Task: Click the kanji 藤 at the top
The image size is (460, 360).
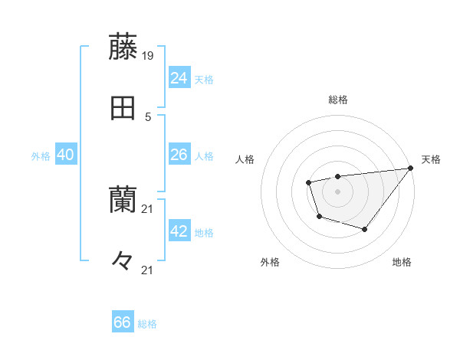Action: [123, 47]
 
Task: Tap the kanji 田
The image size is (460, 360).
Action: [123, 110]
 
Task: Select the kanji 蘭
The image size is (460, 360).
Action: [123, 201]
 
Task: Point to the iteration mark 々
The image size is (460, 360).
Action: [123, 260]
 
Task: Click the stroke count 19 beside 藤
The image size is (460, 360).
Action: [148, 56]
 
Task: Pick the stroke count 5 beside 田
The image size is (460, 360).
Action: [148, 117]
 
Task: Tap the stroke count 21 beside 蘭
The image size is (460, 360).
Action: [148, 209]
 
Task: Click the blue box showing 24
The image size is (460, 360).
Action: [179, 78]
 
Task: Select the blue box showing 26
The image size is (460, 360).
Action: [179, 155]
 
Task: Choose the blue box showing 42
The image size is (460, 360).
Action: [179, 231]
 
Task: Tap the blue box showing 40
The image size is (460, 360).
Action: [66, 155]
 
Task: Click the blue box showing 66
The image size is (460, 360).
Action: [123, 322]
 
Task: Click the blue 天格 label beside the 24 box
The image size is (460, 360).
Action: [204, 79]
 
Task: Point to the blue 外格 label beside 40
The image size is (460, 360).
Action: [41, 155]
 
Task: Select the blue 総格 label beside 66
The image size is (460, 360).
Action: [147, 323]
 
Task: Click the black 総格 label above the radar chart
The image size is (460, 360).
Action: [337, 100]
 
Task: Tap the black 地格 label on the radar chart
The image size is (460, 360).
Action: [402, 262]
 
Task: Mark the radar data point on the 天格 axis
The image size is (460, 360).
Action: [410, 169]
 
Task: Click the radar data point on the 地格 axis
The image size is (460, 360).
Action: [365, 229]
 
